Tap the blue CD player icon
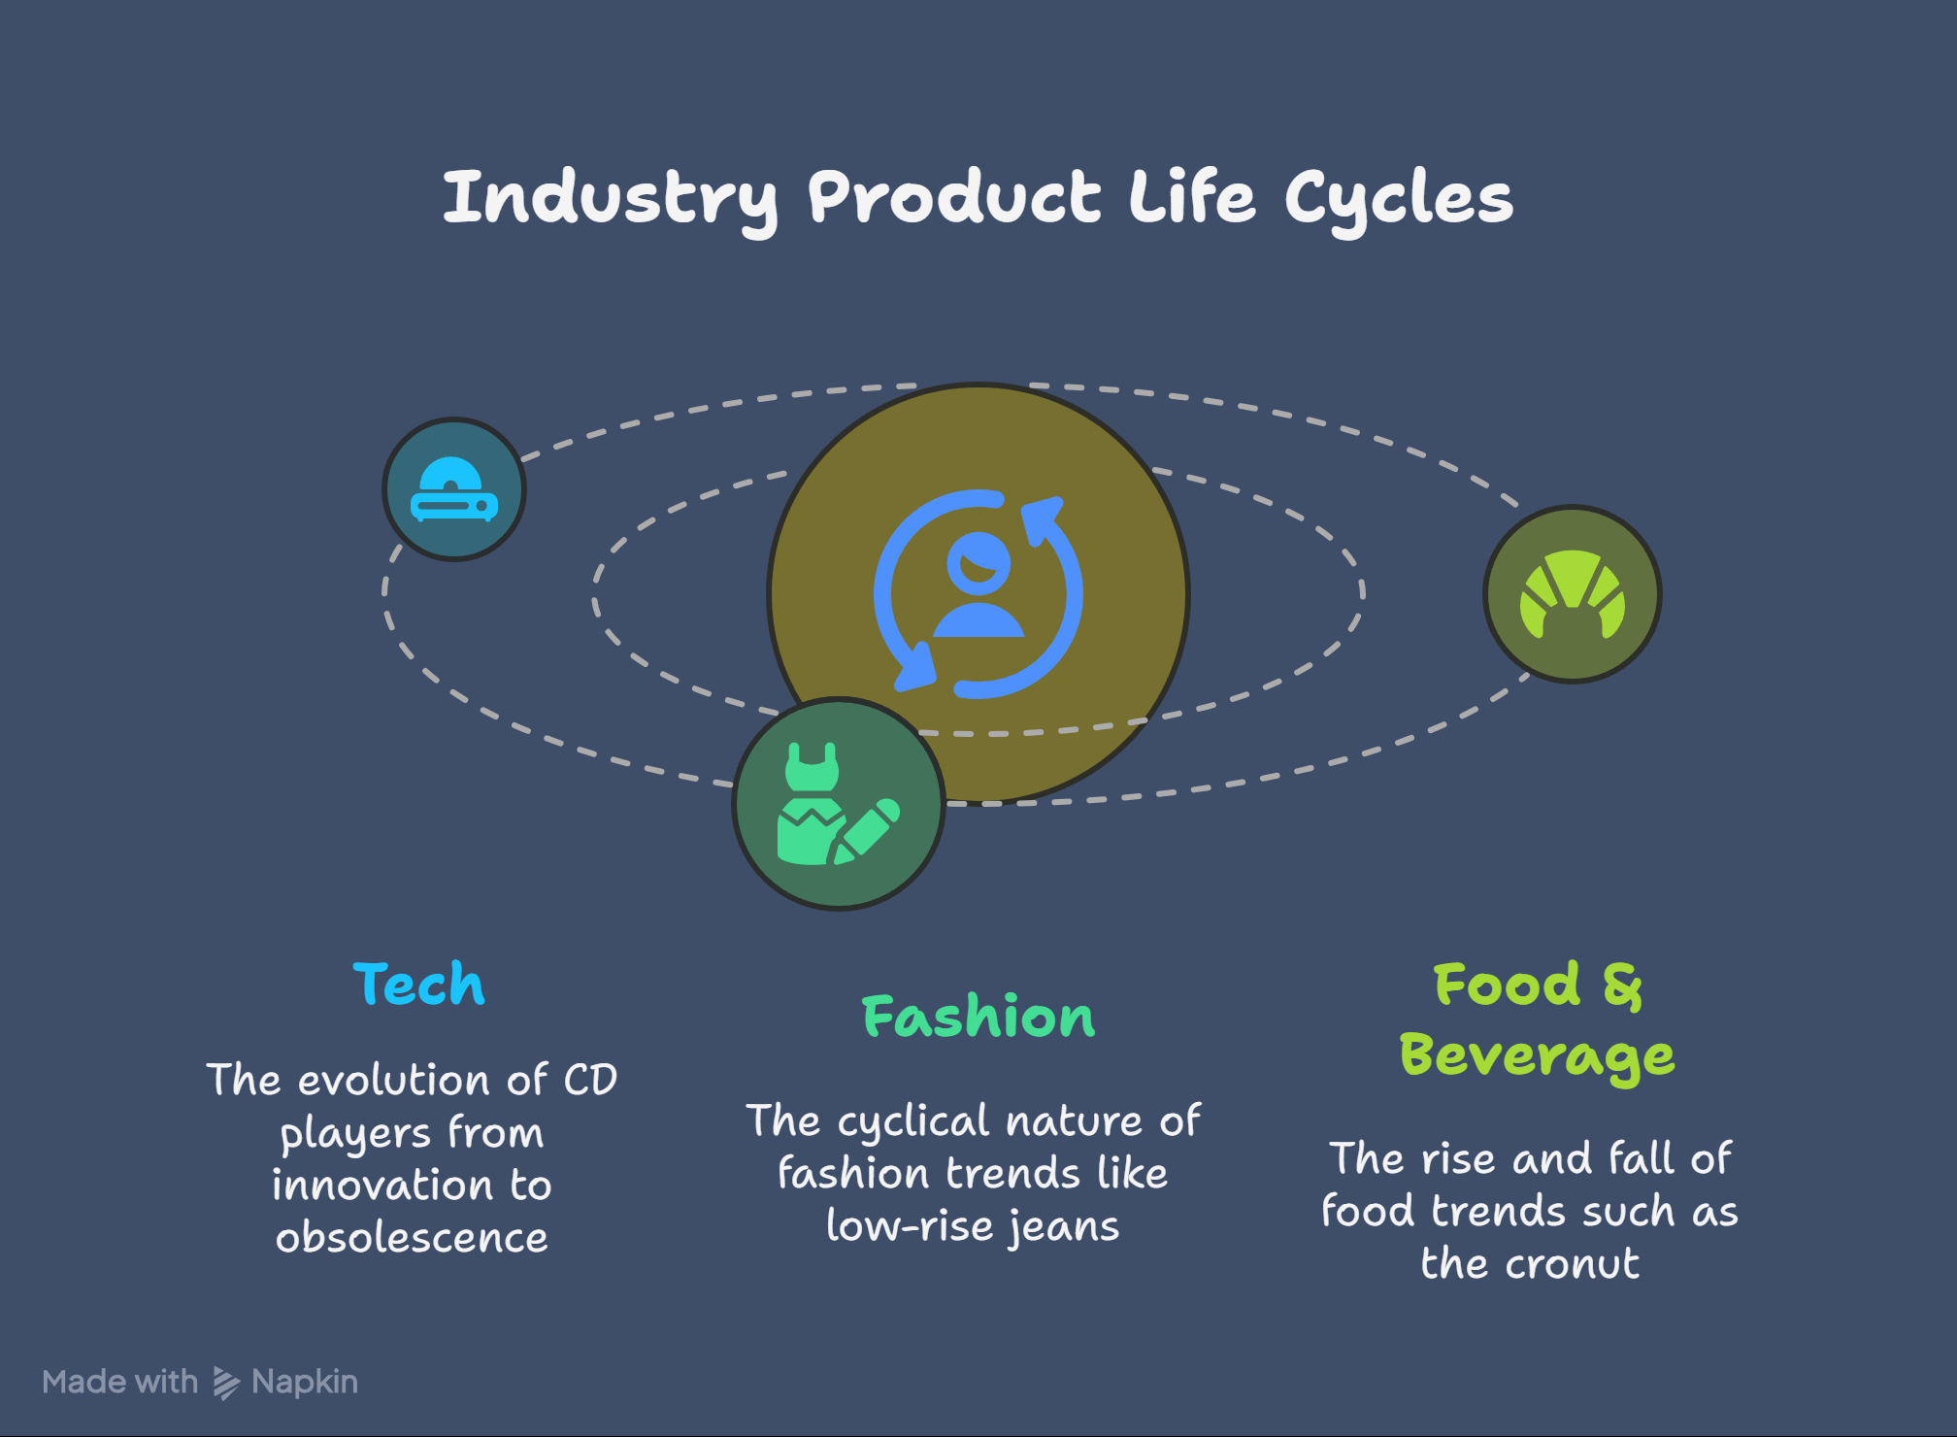click(454, 489)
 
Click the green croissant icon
click(1573, 593)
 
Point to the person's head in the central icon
click(978, 563)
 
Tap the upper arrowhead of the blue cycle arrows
click(1043, 519)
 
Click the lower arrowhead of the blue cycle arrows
click(914, 667)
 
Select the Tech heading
click(418, 984)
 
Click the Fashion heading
click(978, 1017)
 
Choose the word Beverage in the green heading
click(1538, 1056)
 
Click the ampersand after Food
click(1622, 986)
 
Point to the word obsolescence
click(412, 1238)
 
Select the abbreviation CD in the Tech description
click(590, 1080)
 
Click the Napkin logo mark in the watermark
click(226, 1383)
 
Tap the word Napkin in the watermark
click(305, 1383)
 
